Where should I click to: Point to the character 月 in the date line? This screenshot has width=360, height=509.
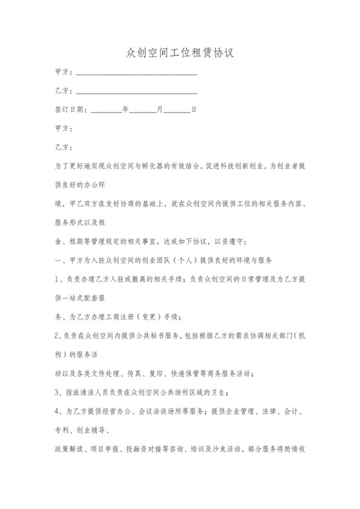coord(160,109)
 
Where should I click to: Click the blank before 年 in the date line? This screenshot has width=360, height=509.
coord(106,109)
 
